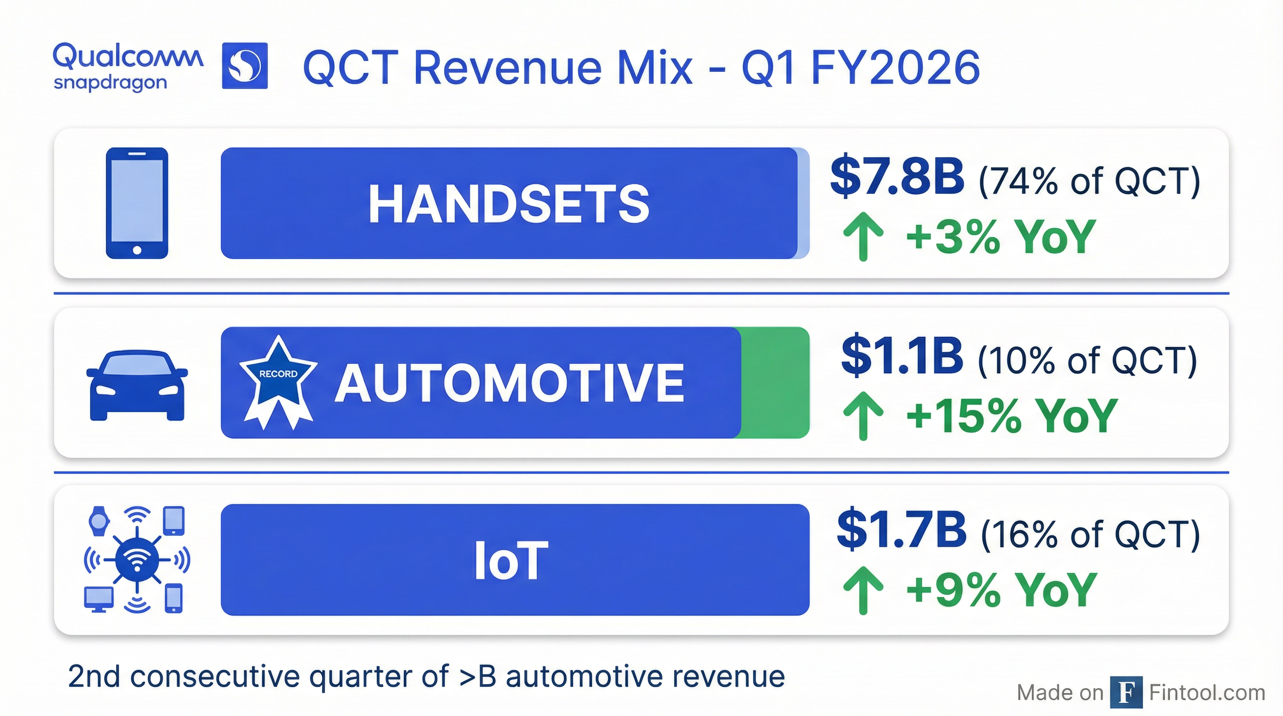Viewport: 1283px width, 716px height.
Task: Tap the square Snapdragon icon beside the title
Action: [245, 66]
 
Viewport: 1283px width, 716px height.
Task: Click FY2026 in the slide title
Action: [895, 68]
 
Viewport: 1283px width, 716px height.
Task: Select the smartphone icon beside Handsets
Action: [137, 203]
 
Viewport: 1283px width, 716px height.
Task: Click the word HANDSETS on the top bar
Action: [509, 204]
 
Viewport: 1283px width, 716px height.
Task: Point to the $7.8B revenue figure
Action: [897, 176]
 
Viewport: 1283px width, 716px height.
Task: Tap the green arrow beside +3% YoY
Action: [863, 236]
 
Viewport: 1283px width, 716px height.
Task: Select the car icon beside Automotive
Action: [137, 385]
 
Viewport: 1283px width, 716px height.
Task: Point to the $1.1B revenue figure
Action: [902, 356]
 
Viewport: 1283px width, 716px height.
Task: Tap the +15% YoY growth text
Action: [1011, 416]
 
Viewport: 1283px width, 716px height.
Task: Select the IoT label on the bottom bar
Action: [511, 561]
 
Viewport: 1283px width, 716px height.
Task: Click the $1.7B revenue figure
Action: [902, 529]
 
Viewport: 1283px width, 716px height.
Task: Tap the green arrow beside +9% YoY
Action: [863, 590]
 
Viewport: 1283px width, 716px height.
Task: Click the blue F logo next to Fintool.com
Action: [1126, 692]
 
